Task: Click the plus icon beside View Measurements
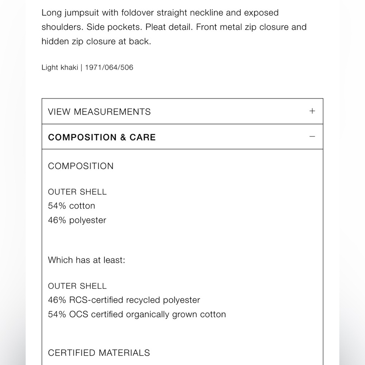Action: pyautogui.click(x=312, y=111)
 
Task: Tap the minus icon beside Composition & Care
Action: pyautogui.click(x=312, y=137)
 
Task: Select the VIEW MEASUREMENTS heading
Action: pyautogui.click(x=99, y=112)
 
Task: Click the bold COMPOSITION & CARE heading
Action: pyautogui.click(x=102, y=137)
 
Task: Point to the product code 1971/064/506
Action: pyautogui.click(x=109, y=68)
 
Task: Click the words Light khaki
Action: pyautogui.click(x=59, y=68)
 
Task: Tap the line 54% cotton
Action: pyautogui.click(x=72, y=206)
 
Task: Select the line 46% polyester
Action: pyautogui.click(x=77, y=220)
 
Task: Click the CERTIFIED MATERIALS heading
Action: pyautogui.click(x=99, y=353)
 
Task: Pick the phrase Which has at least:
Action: pyautogui.click(x=87, y=260)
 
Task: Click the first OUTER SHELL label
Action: pyautogui.click(x=77, y=192)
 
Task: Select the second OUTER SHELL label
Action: pyautogui.click(x=77, y=286)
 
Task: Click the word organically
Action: pyautogui.click(x=150, y=314)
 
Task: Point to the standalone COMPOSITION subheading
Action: pyautogui.click(x=81, y=166)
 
